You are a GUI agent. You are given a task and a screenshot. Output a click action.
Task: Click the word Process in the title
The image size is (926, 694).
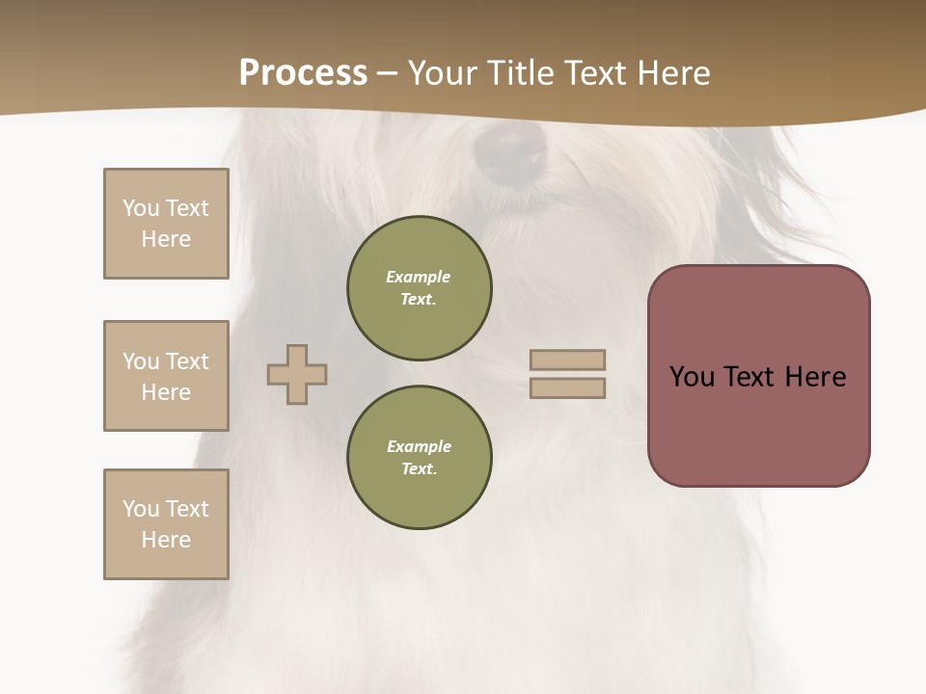click(303, 73)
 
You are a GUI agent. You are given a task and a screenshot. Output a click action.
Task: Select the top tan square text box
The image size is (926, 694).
click(166, 224)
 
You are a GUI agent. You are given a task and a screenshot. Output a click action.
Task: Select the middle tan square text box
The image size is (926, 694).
click(166, 376)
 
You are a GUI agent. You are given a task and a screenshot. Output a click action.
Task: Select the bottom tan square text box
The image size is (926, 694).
click(166, 524)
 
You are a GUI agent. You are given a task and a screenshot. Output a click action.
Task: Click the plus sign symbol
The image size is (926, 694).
click(297, 374)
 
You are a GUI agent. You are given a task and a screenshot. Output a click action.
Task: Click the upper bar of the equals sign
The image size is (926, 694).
click(567, 360)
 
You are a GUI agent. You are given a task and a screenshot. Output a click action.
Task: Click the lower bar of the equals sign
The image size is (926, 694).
click(567, 387)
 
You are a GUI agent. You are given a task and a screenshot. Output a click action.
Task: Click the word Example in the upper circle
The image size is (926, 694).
click(418, 277)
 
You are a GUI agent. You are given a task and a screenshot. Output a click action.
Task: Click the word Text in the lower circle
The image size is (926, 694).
click(418, 469)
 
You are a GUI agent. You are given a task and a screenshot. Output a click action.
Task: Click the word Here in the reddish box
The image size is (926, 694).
click(816, 377)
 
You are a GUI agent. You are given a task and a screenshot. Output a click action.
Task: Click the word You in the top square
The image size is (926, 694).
click(141, 208)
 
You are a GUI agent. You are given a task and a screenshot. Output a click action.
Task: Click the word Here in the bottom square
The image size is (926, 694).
click(166, 540)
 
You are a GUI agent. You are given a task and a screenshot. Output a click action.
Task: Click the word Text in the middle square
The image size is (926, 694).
click(186, 361)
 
